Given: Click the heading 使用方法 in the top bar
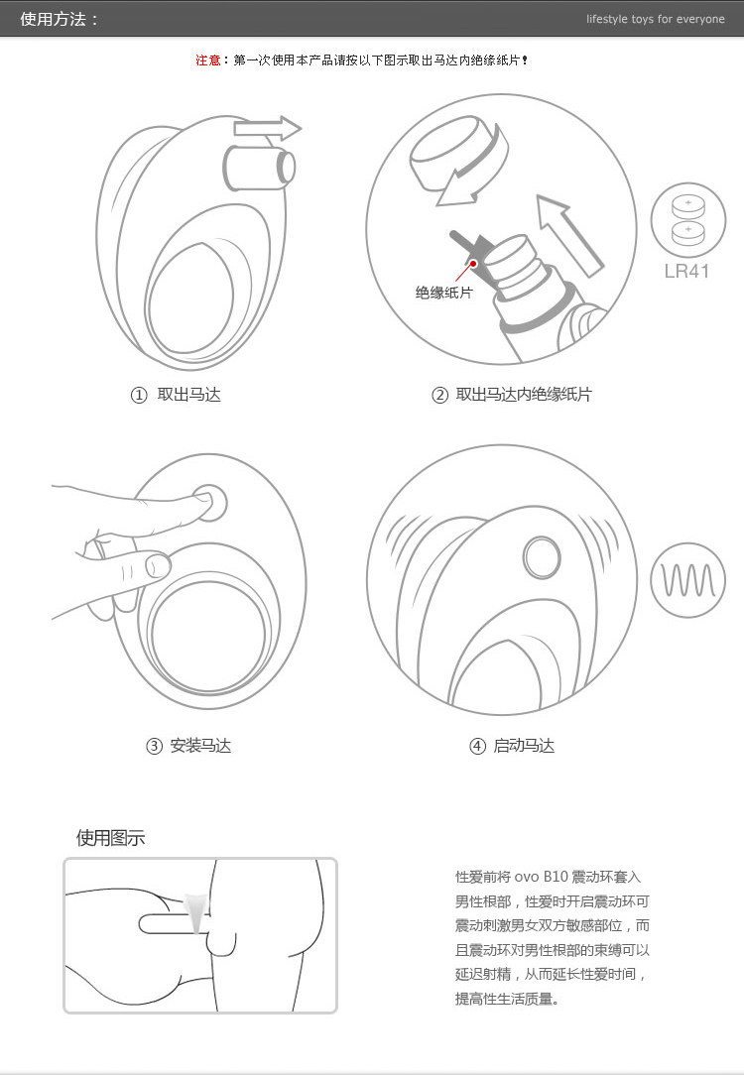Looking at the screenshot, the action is click(x=54, y=19).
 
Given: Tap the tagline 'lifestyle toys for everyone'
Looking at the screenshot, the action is click(x=655, y=19).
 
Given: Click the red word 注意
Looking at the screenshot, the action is click(x=207, y=60).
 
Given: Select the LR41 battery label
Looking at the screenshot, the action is click(x=686, y=272).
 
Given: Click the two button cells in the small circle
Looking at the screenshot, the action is click(x=687, y=220).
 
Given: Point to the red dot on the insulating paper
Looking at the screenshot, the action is click(x=473, y=263).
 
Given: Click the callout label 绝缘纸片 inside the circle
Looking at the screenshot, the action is click(x=443, y=293).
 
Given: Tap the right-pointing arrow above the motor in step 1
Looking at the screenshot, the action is click(x=268, y=128).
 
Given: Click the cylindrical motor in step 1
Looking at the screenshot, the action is click(x=259, y=168).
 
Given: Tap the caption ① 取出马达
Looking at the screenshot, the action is click(x=176, y=395).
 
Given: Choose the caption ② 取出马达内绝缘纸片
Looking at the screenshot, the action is click(x=511, y=395).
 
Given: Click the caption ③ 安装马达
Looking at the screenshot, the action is click(x=188, y=746).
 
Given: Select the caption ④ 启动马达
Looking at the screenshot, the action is click(x=512, y=746).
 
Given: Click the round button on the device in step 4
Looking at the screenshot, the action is click(x=542, y=556).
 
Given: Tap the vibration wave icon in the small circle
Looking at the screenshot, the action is click(x=687, y=581).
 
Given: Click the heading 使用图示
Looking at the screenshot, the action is click(x=110, y=838).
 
